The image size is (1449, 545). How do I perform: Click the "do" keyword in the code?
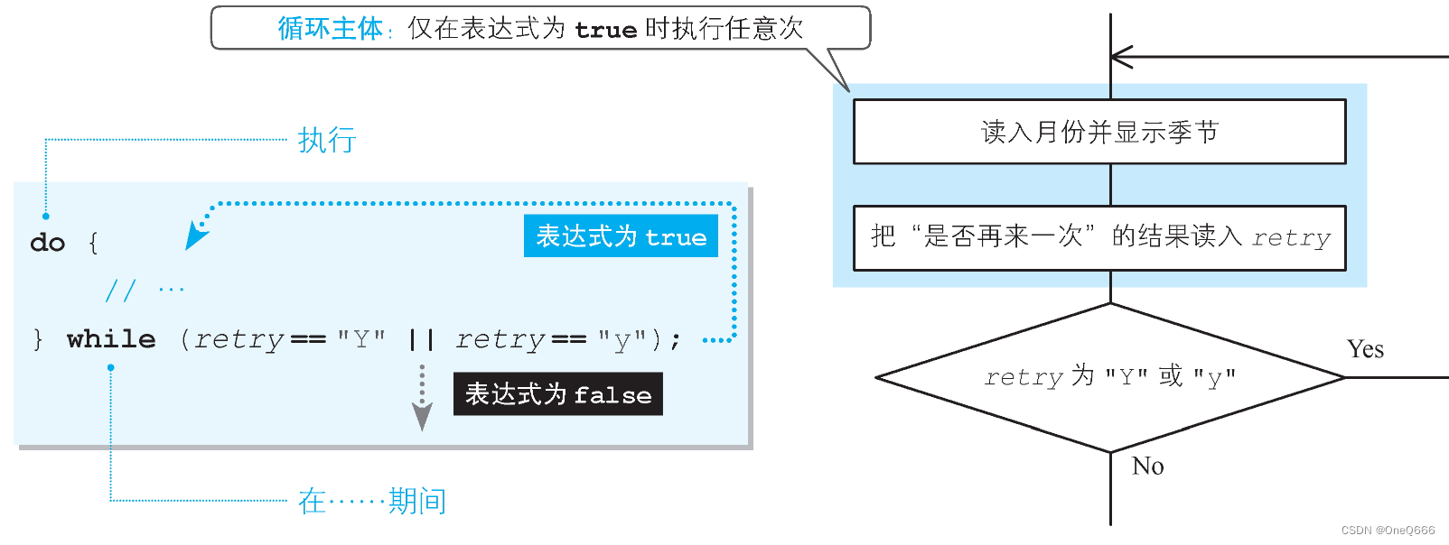click(x=47, y=243)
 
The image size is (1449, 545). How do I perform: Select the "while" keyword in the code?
click(x=111, y=339)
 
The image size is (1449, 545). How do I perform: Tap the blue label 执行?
click(x=327, y=141)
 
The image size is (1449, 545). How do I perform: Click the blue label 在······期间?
click(x=372, y=501)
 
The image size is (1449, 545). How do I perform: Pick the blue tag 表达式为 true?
click(x=621, y=236)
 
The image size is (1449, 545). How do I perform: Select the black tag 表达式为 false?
click(x=557, y=394)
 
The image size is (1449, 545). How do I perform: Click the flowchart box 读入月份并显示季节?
click(x=1099, y=132)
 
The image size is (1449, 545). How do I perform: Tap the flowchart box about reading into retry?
click(x=1099, y=237)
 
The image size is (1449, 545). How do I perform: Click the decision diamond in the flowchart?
click(x=1110, y=377)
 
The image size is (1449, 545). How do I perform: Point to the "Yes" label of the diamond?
click(x=1365, y=349)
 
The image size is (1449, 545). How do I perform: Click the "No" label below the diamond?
click(x=1147, y=466)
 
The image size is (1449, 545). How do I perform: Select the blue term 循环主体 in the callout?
click(x=330, y=29)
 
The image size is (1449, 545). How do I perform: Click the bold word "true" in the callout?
click(x=605, y=31)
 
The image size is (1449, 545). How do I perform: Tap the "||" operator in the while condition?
click(x=421, y=339)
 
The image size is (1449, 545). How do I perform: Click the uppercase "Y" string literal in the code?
click(x=361, y=339)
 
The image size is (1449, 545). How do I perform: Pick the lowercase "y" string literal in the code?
click(x=622, y=339)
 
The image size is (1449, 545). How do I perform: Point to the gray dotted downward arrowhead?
click(x=422, y=416)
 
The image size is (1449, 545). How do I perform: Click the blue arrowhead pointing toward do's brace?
click(x=195, y=236)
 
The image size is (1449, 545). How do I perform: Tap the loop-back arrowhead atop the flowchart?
click(x=1121, y=57)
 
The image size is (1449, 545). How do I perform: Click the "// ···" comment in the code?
click(x=145, y=290)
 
